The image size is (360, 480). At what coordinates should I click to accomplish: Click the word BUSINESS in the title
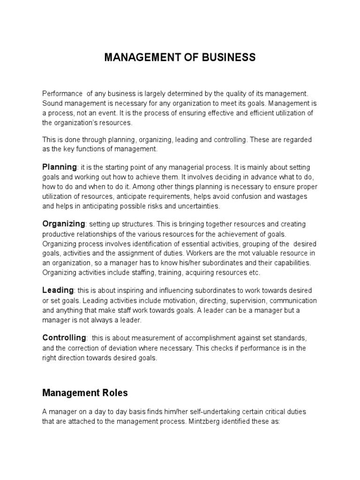226,58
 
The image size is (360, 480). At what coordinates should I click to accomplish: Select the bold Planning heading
60,167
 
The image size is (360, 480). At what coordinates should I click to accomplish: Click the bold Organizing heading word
64,224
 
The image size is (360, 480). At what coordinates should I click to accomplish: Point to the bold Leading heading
58,290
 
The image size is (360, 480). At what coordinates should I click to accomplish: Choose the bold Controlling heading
64,337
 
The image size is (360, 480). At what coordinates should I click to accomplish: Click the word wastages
292,196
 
